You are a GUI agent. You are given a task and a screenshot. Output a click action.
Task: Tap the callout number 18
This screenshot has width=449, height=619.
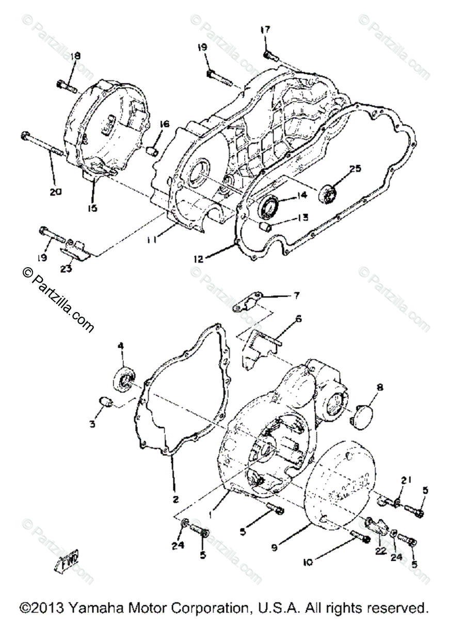click(76, 56)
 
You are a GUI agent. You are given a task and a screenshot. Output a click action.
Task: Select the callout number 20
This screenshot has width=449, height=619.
click(56, 191)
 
